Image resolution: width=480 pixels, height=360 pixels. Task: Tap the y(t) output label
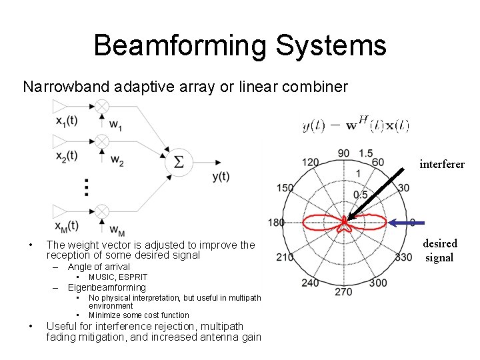221,177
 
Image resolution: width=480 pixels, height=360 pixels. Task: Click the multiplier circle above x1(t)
101,106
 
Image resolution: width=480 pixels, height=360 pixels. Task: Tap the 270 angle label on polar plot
343,291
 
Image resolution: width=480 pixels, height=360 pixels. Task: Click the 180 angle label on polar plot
275,222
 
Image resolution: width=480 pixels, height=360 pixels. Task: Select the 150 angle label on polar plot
285,188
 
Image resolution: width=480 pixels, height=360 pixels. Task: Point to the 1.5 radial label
365,154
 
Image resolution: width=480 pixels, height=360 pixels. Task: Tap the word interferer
442,164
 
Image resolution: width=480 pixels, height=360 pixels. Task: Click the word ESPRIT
132,277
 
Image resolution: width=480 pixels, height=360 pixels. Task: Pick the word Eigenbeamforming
107,288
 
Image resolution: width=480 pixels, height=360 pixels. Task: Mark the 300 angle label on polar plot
377,283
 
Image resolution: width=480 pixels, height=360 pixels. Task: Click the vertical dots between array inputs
87,187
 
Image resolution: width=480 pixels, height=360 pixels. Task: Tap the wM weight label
116,230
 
